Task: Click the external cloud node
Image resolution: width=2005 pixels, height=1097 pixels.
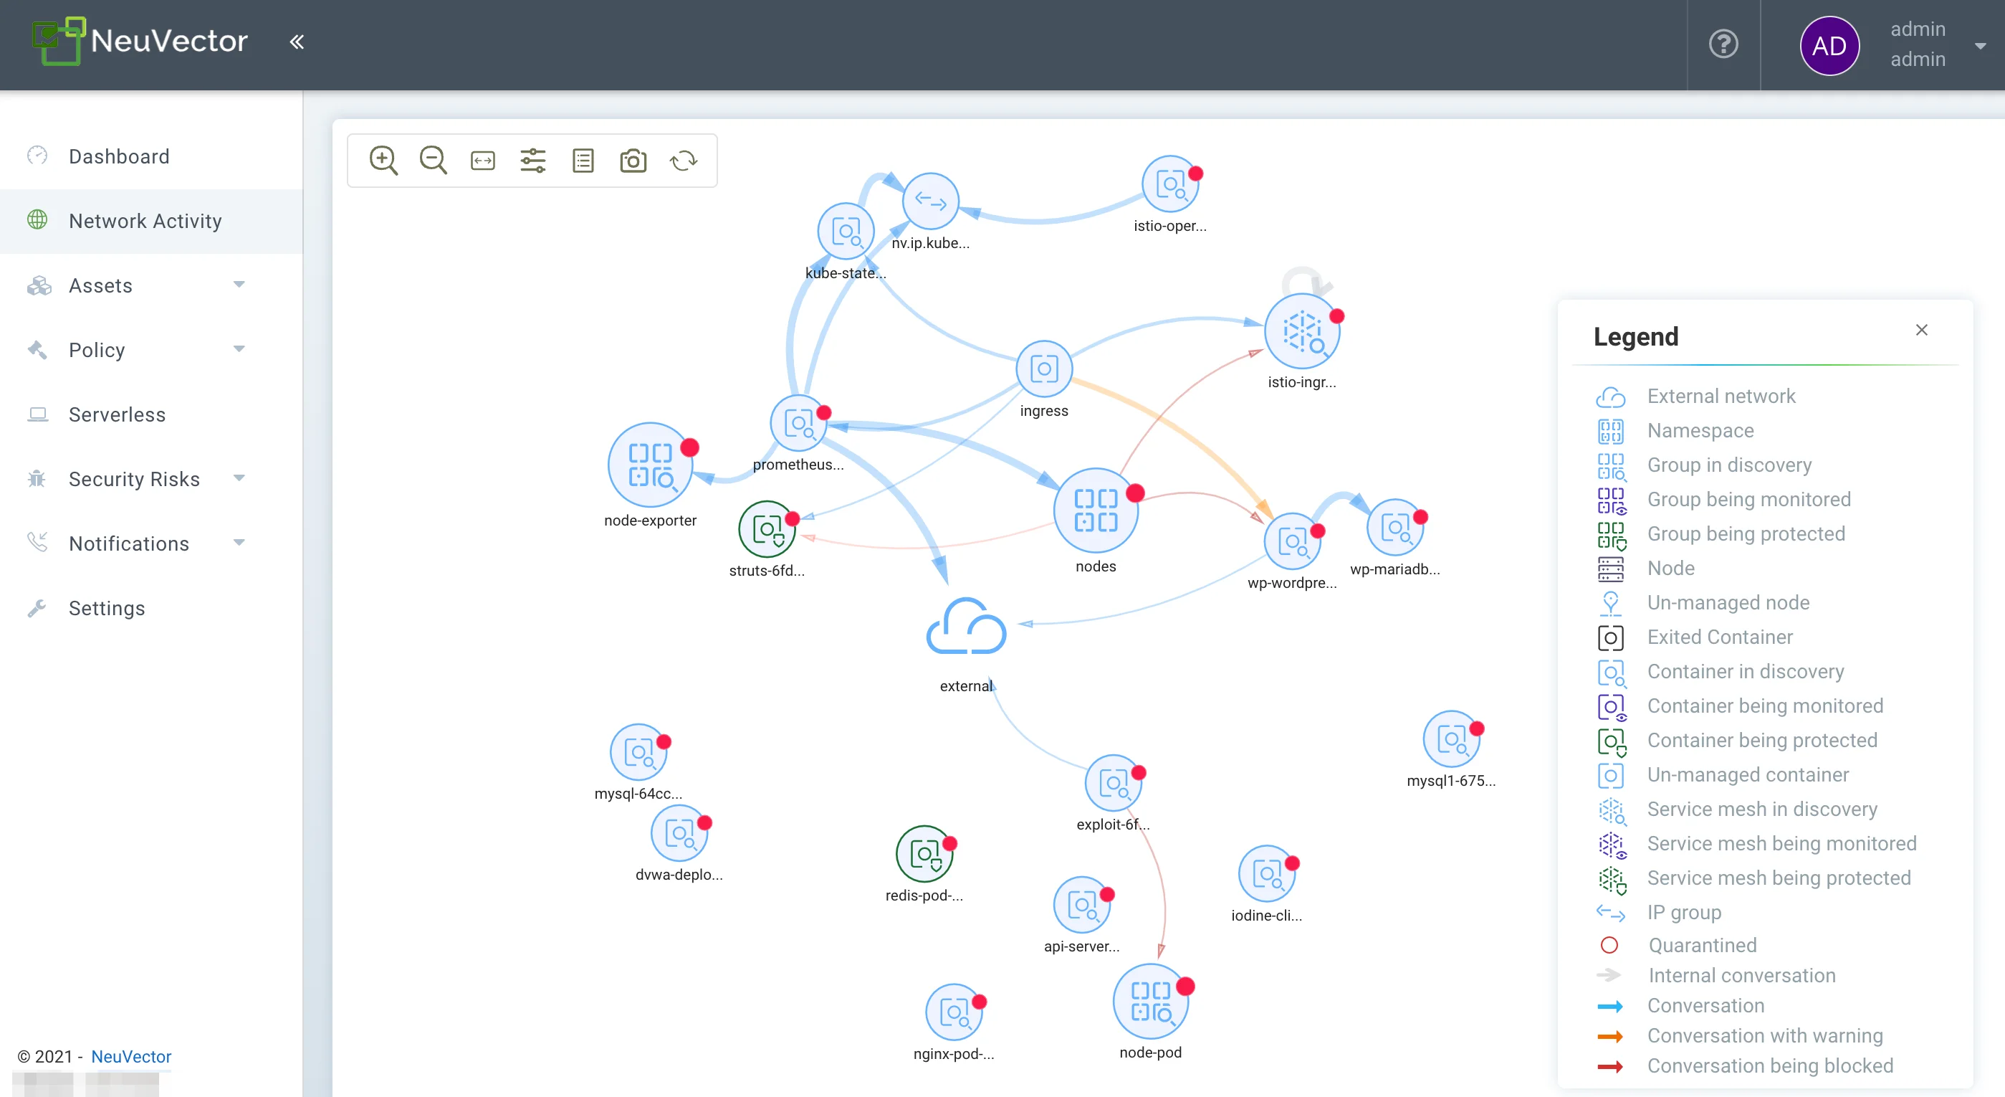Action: tap(966, 627)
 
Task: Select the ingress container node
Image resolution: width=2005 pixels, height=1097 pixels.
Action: tap(1044, 369)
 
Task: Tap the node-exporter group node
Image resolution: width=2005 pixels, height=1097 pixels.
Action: tap(650, 465)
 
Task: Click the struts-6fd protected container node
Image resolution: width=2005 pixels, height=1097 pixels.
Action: tap(767, 529)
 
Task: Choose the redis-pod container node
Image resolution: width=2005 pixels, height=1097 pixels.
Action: tap(924, 854)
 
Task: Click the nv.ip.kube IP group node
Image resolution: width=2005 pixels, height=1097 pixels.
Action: tap(930, 201)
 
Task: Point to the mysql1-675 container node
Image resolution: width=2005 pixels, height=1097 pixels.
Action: tap(1451, 739)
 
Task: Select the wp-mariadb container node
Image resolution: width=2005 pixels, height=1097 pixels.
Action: tap(1394, 528)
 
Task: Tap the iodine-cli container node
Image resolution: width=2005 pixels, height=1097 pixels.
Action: tap(1266, 873)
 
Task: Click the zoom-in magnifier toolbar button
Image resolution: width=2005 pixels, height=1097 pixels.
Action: tap(383, 161)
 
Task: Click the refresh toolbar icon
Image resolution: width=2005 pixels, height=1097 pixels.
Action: tap(684, 161)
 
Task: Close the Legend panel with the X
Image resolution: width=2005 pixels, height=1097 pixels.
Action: tap(1922, 330)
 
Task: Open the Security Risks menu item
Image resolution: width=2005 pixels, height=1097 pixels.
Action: tap(134, 479)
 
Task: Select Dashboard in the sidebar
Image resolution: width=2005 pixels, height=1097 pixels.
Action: tap(118, 156)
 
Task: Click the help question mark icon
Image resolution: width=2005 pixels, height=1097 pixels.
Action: tap(1723, 44)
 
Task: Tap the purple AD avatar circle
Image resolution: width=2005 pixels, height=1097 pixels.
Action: tap(1829, 45)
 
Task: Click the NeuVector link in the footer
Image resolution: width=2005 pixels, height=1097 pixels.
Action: tap(130, 1057)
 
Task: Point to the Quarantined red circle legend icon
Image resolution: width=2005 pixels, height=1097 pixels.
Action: tap(1609, 945)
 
